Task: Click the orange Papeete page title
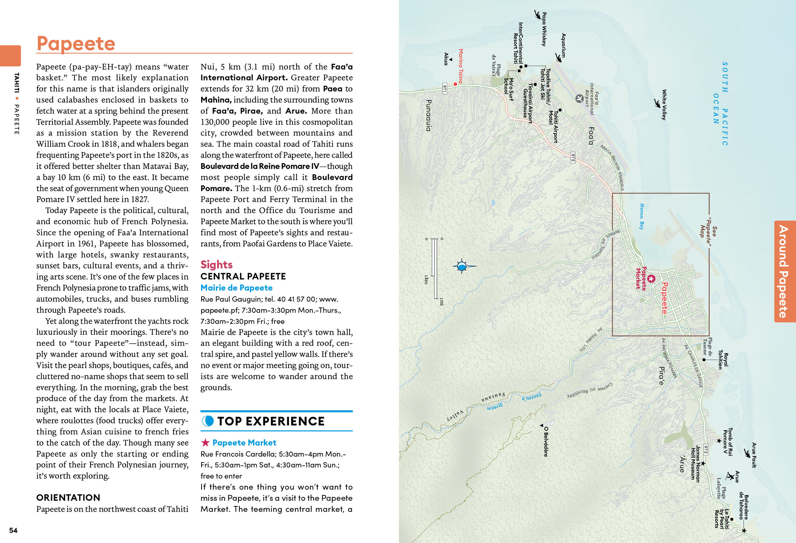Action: (76, 44)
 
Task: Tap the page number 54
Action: (13, 530)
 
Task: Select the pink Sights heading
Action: (216, 265)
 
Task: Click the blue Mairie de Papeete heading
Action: (236, 288)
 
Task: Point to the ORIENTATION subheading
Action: (68, 497)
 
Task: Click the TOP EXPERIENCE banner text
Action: (271, 421)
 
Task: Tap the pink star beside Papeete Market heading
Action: (205, 443)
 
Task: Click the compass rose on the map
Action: (462, 266)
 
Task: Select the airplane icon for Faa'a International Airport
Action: (579, 98)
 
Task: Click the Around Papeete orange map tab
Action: (784, 271)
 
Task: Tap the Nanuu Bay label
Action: (641, 216)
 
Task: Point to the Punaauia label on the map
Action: (428, 115)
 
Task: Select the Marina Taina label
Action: (461, 66)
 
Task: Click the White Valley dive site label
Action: (664, 104)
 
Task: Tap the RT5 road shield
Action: (573, 158)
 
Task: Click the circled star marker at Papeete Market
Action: (651, 278)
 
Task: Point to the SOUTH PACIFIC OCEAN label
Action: (720, 104)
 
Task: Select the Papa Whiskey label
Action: (543, 29)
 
